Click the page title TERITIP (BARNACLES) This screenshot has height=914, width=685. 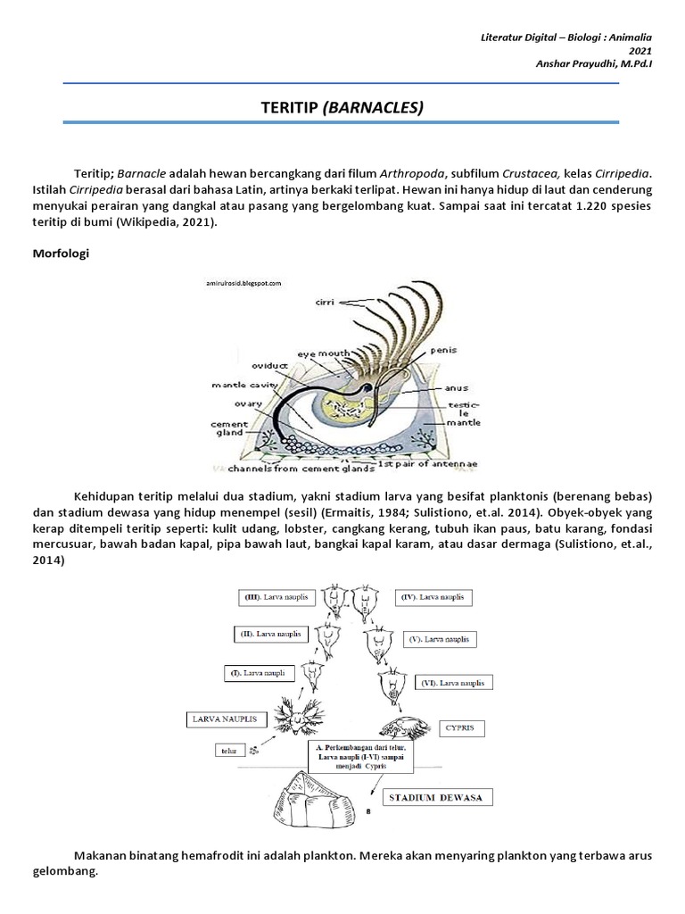[342, 108]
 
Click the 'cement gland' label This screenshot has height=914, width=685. [223, 430]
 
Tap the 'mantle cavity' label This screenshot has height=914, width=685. [239, 386]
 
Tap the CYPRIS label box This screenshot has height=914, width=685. [460, 728]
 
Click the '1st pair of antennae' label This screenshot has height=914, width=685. [410, 465]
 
